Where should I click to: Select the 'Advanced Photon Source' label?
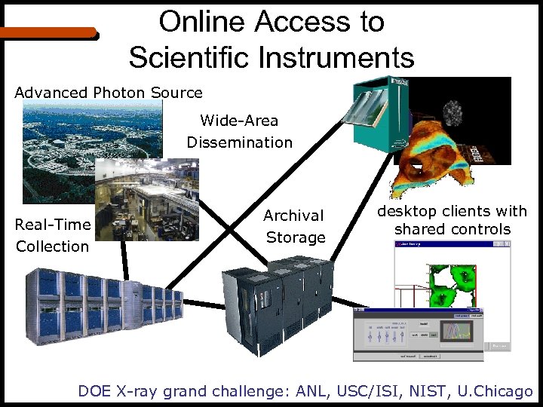click(109, 93)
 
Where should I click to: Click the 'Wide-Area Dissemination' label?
click(239, 131)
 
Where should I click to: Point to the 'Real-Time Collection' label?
click(53, 235)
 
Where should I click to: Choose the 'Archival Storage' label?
click(295, 226)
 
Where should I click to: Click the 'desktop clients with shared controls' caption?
click(452, 220)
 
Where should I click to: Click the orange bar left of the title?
click(49, 33)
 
